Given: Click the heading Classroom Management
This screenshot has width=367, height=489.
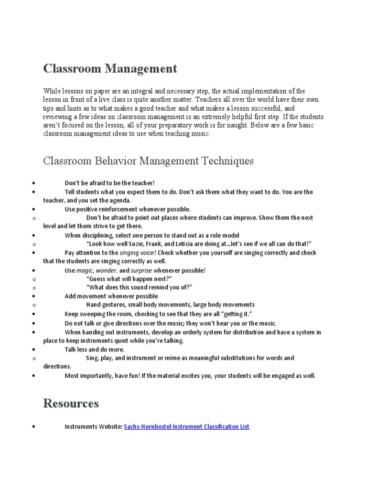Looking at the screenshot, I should [x=110, y=69].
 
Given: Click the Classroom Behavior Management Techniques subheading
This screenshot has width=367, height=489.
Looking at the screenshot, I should [x=148, y=161].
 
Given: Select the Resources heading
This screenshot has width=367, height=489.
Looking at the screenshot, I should [x=71, y=404].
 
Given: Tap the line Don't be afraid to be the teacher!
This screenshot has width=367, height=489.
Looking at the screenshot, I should [x=110, y=183].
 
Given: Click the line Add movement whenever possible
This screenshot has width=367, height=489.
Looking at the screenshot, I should [x=111, y=296].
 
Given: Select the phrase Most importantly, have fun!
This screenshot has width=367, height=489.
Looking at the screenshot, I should [x=103, y=375].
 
